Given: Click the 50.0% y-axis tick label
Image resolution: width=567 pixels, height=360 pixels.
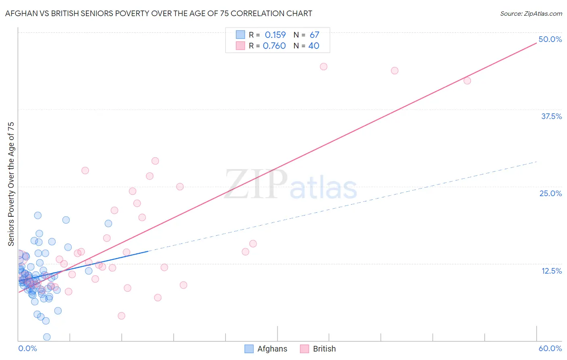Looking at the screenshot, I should (x=550, y=39).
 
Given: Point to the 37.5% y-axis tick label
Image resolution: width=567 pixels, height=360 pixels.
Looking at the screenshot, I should (x=551, y=116).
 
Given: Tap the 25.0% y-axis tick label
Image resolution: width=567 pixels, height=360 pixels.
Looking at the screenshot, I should (x=550, y=193).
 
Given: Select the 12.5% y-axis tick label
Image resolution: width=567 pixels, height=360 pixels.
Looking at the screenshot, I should (x=551, y=271).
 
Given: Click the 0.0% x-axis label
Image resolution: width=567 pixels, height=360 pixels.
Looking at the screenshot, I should (x=27, y=348).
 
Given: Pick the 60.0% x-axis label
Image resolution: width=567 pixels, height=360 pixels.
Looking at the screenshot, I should (x=550, y=348).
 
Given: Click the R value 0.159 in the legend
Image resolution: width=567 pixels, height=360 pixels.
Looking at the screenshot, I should (x=275, y=35).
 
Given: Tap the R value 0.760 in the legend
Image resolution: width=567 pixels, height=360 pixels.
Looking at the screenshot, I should (x=274, y=46).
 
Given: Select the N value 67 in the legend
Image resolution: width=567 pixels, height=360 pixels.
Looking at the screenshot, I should (x=314, y=35).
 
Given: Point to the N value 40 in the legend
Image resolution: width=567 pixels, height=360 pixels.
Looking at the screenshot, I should (x=314, y=46).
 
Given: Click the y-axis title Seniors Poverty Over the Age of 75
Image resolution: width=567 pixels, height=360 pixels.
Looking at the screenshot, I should (x=11, y=184).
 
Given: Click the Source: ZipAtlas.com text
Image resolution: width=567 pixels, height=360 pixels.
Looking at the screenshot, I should (x=531, y=14).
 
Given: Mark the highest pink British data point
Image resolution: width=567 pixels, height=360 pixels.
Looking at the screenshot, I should (x=323, y=67).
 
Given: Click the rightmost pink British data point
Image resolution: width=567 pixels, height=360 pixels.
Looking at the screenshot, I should (x=467, y=81).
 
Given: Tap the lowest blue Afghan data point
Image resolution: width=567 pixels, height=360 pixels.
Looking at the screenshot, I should (x=47, y=337).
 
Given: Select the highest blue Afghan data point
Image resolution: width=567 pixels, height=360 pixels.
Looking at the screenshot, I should (x=38, y=216).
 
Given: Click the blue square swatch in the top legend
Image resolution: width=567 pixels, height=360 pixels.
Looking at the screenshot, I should (x=240, y=35).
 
